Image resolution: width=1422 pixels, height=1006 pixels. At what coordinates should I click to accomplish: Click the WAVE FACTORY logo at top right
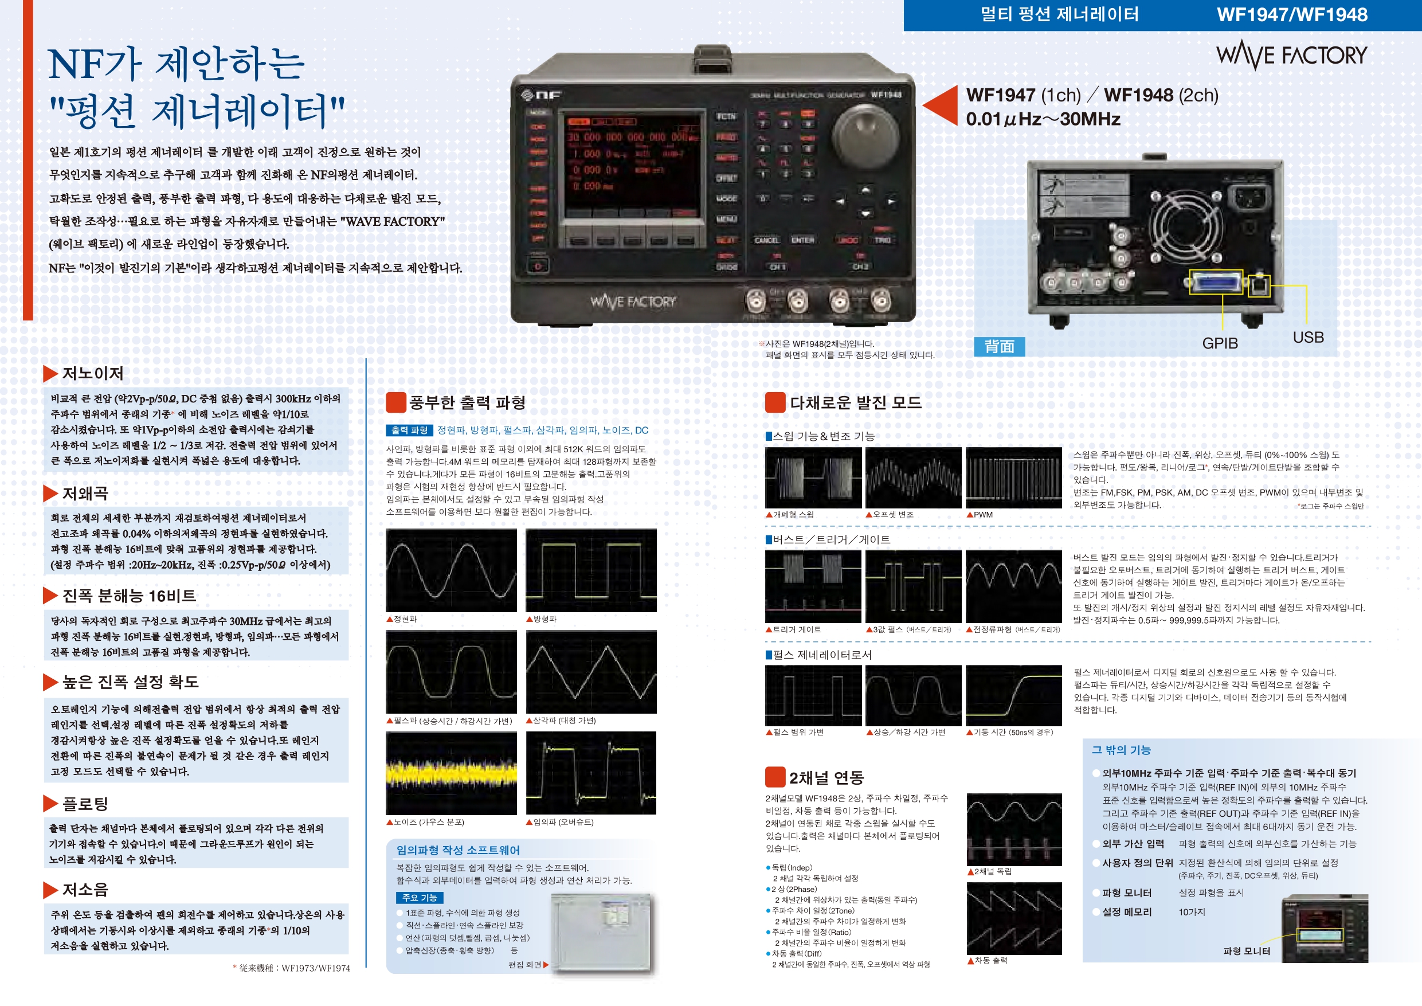[1291, 56]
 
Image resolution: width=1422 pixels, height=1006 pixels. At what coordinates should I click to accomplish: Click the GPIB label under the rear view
[1220, 343]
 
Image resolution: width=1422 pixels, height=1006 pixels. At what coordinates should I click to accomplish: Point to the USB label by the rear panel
[1308, 338]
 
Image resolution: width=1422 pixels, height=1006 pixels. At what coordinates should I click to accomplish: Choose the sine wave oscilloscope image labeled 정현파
[451, 570]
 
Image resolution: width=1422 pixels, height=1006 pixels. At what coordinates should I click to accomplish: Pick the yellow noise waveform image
[451, 773]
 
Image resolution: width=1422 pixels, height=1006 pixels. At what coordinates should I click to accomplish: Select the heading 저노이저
[93, 374]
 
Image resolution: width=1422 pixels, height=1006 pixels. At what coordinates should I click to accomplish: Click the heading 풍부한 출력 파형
[467, 402]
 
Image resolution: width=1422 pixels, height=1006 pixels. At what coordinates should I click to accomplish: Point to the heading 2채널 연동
[825, 777]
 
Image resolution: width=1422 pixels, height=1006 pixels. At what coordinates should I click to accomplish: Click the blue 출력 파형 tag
[409, 430]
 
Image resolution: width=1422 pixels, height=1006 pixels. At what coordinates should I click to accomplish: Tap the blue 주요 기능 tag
[420, 898]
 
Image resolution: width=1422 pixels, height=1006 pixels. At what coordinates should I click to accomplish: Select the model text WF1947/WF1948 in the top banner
[1291, 15]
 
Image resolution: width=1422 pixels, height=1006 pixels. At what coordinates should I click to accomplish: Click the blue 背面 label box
[999, 346]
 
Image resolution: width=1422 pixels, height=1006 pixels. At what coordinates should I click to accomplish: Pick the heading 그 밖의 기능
[1121, 750]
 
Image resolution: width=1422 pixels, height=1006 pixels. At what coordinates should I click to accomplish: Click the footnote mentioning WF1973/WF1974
[291, 968]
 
